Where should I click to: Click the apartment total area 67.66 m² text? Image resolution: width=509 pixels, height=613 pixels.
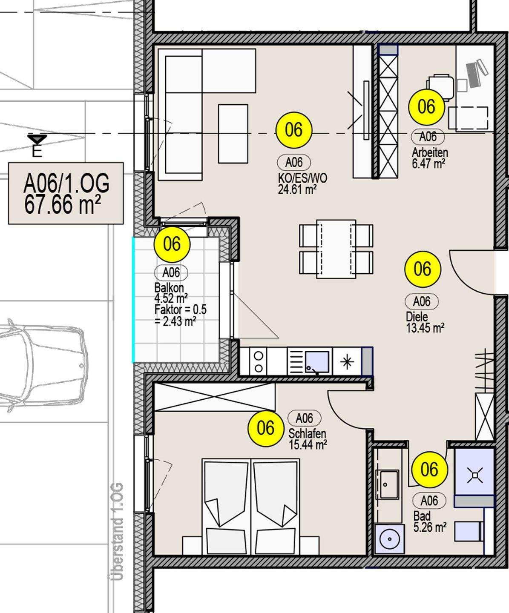pyautogui.click(x=63, y=204)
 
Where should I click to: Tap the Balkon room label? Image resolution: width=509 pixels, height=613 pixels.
pyautogui.click(x=169, y=288)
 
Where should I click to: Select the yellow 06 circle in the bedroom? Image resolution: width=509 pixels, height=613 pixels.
pyautogui.click(x=266, y=428)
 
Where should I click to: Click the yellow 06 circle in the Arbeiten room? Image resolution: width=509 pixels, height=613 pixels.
pyautogui.click(x=427, y=106)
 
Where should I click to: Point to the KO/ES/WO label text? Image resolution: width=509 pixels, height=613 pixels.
pyautogui.click(x=302, y=178)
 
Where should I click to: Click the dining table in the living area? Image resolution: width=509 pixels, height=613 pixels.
pyautogui.click(x=336, y=249)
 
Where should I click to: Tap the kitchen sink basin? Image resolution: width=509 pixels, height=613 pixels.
pyautogui.click(x=317, y=362)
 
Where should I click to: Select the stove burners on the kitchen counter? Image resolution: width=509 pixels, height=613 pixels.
pyautogui.click(x=259, y=362)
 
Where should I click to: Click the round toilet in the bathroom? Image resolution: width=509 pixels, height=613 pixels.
pyautogui.click(x=389, y=539)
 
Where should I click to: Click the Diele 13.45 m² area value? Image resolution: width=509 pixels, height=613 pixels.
pyautogui.click(x=425, y=328)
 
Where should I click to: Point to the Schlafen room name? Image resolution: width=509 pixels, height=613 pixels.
pyautogui.click(x=307, y=434)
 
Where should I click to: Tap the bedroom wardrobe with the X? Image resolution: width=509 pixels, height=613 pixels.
pyautogui.click(x=215, y=397)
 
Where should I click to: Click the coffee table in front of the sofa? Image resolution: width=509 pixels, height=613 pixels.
pyautogui.click(x=233, y=134)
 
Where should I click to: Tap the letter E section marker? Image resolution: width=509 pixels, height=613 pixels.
pyautogui.click(x=37, y=152)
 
